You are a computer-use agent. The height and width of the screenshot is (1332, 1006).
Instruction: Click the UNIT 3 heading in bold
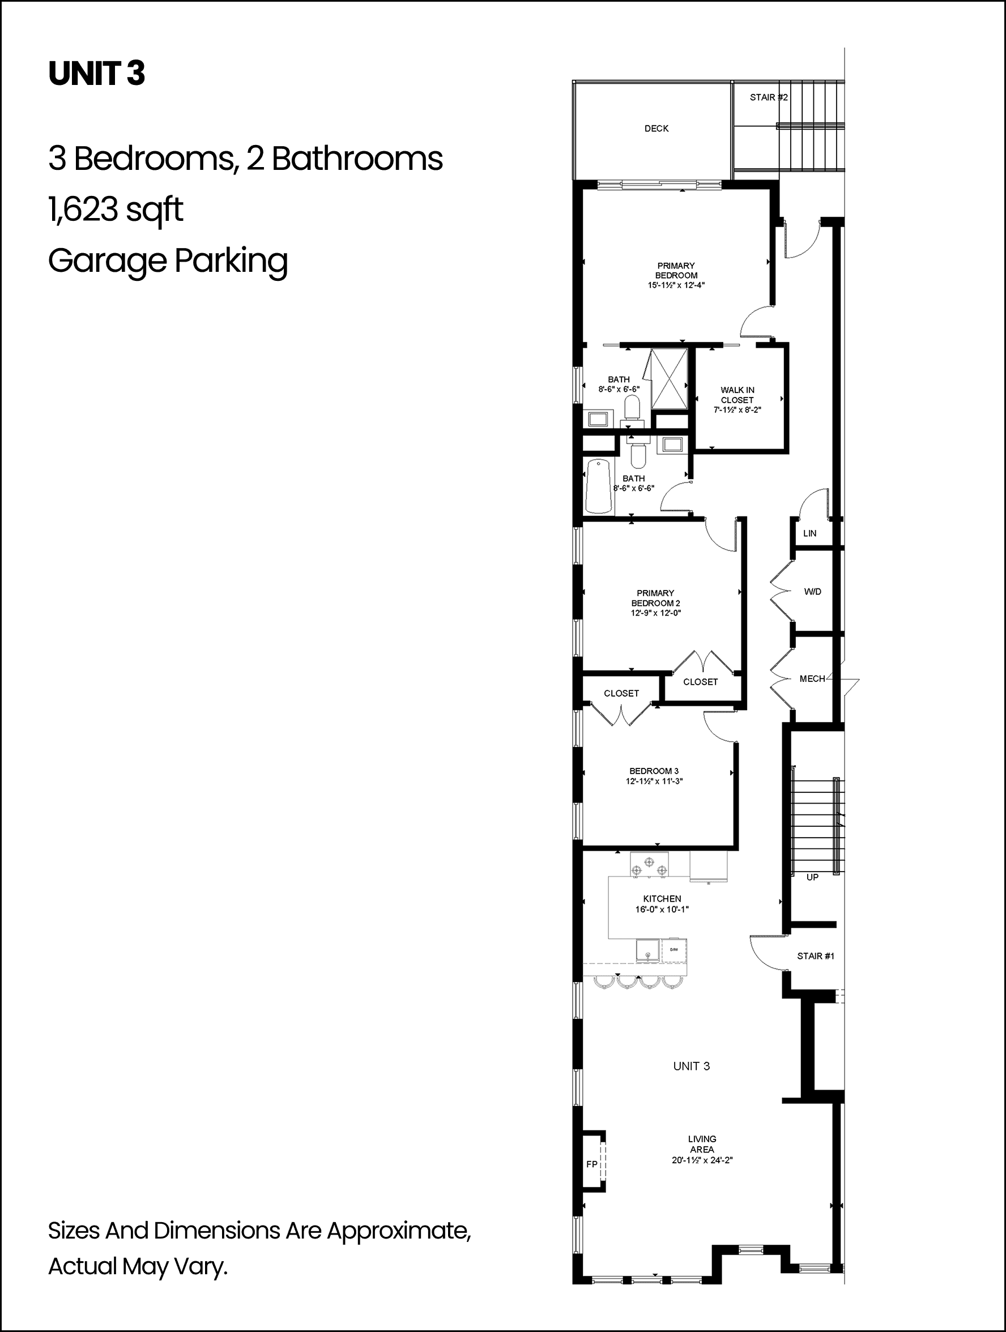[x=96, y=74]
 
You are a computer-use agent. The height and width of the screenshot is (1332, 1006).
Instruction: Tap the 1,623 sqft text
[x=116, y=210]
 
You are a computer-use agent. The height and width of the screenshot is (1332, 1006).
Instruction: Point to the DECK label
[x=657, y=128]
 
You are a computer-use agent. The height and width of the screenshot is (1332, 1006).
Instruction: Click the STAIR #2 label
[x=769, y=97]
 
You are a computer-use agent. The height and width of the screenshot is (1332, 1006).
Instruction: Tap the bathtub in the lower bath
[x=599, y=486]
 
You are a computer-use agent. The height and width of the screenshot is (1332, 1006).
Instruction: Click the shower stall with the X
[x=668, y=380]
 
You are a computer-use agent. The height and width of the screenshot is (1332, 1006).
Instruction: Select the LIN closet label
[x=809, y=533]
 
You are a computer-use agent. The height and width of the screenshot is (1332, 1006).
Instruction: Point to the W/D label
[x=813, y=591]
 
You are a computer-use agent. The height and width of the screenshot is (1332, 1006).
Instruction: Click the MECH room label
[x=812, y=678]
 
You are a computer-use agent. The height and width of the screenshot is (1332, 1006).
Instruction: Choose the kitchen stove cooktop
[x=649, y=864]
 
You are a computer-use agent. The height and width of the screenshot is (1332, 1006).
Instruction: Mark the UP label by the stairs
[x=813, y=877]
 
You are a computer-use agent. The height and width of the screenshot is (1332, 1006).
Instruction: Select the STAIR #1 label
[x=816, y=955]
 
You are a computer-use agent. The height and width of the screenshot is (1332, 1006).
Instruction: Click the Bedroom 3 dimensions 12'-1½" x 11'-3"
[x=654, y=781]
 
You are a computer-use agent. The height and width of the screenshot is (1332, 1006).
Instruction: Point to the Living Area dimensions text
[x=702, y=1160]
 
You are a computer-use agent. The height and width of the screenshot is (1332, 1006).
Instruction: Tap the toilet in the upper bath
[x=632, y=408]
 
